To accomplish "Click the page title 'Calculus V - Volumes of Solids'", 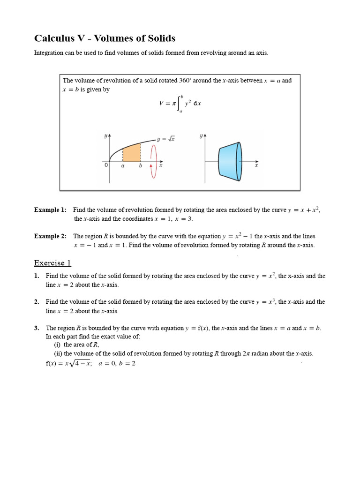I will pos(105,38).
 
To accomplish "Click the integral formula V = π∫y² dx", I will pos(180,104).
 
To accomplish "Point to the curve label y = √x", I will pos(166,139).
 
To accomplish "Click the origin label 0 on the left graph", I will pos(106,165).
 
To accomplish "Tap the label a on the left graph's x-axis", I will pos(123,165).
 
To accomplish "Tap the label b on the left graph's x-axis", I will pos(140,165).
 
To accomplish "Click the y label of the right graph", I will pos(201,136).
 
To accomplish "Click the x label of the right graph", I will pos(256,165).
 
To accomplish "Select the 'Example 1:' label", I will pos(50,210).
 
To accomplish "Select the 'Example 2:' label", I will pos(50,236).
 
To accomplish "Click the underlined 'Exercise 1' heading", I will pos(52,263).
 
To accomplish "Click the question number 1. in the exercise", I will pos(37,276).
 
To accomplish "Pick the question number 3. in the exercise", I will pos(37,328).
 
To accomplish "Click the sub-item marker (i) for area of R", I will pos(58,345).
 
